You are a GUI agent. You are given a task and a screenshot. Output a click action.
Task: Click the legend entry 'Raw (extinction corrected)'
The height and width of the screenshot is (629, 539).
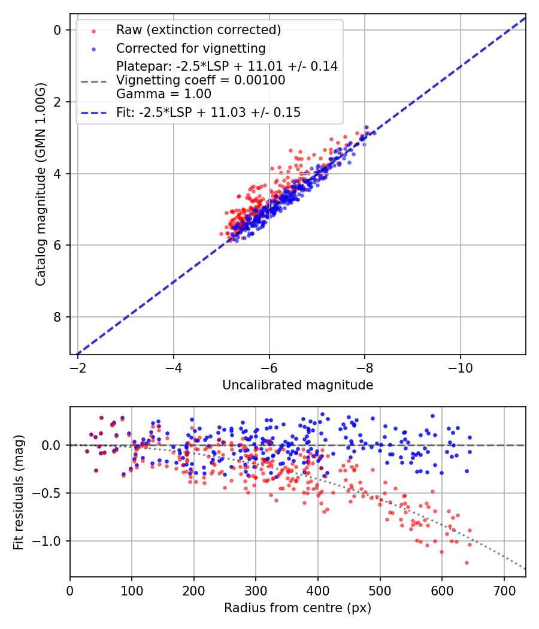(199, 30)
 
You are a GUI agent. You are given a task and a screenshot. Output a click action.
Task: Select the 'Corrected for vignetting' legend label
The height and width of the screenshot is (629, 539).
(190, 48)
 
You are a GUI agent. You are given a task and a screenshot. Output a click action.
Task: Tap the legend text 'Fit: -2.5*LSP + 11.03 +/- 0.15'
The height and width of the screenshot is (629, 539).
(208, 112)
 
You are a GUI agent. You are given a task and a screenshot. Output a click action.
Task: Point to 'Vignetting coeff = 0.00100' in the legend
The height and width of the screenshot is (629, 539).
(201, 80)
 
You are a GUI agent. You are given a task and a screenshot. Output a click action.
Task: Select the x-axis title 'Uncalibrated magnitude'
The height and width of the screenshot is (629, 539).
(298, 385)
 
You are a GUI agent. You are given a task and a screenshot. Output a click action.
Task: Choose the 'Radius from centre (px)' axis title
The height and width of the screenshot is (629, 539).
(298, 608)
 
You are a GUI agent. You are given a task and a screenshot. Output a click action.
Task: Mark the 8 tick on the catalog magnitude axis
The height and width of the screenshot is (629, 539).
(58, 317)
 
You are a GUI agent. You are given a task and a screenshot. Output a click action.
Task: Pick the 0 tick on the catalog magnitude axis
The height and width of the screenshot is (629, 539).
(58, 30)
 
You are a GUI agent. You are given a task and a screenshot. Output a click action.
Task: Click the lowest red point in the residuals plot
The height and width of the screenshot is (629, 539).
(467, 563)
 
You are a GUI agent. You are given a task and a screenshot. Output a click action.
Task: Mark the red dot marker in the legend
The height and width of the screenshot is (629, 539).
(93, 30)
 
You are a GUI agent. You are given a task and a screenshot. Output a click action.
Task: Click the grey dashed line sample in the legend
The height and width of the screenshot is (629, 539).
(93, 80)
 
